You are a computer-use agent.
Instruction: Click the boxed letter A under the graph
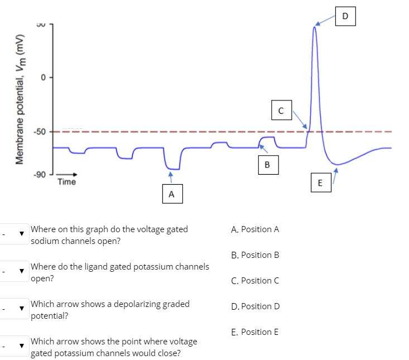click(171, 194)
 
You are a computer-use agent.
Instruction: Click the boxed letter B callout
click(267, 164)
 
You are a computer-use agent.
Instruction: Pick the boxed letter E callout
click(320, 183)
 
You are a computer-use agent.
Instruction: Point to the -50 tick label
click(39, 132)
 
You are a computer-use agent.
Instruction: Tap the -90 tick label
click(39, 175)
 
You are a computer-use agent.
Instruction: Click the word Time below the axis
click(66, 182)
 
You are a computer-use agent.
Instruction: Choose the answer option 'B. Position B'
click(254, 255)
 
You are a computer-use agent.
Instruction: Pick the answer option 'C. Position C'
click(254, 281)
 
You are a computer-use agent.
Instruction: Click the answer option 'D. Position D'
click(255, 306)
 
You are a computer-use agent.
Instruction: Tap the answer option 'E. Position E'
click(254, 332)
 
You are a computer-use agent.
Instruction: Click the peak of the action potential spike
click(314, 27)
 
